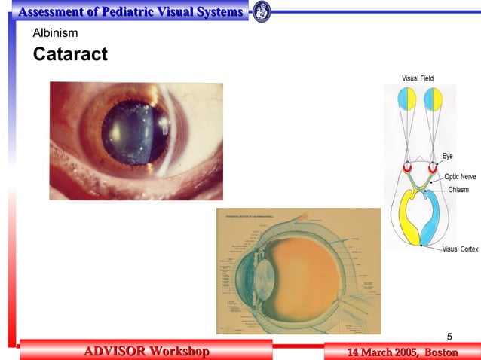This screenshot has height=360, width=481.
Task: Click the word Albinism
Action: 55,33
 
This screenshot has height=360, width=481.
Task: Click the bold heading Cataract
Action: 70,54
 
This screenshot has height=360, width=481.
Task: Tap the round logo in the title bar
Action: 262,12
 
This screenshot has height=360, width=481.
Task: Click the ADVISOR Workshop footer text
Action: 146,352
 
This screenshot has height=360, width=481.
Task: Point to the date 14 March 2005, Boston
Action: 402,352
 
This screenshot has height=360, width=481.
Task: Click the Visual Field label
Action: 418,78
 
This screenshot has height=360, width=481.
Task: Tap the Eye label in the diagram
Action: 448,157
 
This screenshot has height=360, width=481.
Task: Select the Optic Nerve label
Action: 460,176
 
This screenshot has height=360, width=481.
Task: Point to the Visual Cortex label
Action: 460,249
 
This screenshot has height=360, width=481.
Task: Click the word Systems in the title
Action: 219,12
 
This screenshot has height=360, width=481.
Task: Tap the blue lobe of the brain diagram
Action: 437,226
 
